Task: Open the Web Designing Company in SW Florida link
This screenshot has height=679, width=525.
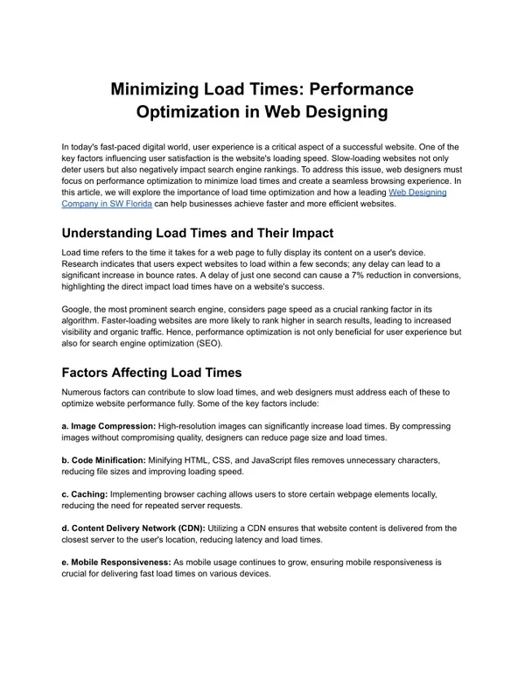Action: point(255,197)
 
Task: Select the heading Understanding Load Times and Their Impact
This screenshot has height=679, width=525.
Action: point(197,234)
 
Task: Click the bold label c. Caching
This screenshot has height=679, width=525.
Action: point(84,493)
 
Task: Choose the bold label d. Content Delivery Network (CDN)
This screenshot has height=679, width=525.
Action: point(133,528)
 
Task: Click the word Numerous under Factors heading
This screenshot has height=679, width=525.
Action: point(84,394)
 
